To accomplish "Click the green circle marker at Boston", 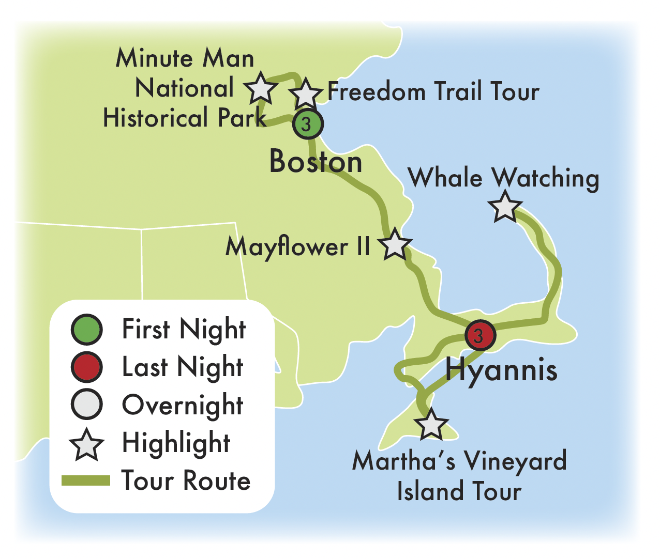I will pos(308,124).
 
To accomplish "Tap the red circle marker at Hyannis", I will pos(480,336).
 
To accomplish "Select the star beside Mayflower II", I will pos(395,245).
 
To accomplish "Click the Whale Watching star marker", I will pos(505,207).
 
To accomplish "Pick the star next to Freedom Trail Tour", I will pos(305,94).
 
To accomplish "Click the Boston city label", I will pos(316,162).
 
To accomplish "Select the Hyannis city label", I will pos(501,370).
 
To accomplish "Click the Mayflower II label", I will pos(298,247).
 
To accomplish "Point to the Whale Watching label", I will pos(504,178).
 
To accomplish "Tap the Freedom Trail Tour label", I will pos(433,92).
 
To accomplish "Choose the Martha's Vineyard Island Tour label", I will pos(459,475).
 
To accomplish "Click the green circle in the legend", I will pos(87,330).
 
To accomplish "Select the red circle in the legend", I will pos(87,367).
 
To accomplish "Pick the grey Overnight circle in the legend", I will pos(87,405).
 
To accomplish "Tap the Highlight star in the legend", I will pos(87,444).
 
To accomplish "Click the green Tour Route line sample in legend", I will pos(86,481).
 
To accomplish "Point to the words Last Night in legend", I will pos(183,367).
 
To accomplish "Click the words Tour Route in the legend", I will pos(186,481).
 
